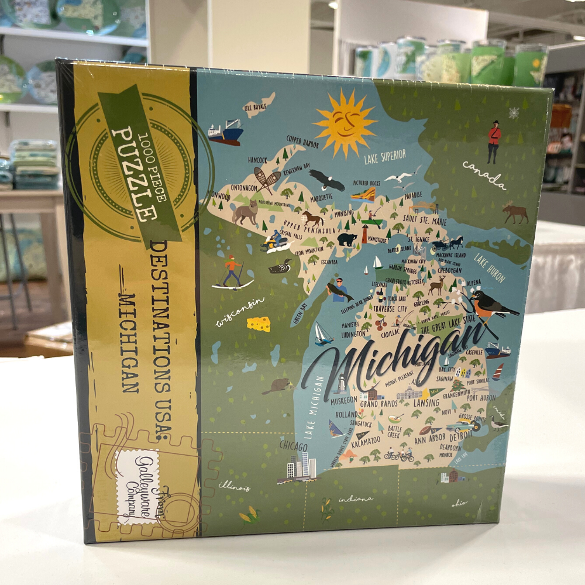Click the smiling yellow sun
(x=345, y=123)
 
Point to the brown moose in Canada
(x=515, y=214)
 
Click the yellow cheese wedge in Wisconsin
(x=258, y=324)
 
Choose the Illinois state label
(x=234, y=487)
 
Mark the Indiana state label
(x=355, y=499)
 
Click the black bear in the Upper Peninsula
(x=347, y=239)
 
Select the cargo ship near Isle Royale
(x=226, y=133)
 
